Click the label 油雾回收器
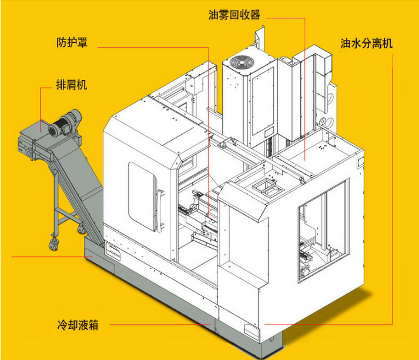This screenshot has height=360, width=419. pos(234,15)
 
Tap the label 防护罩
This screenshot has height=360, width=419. pos(72,43)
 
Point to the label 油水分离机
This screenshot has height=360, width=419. pos(366,44)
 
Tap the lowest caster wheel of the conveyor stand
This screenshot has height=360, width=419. pos(54,246)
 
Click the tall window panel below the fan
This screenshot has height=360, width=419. pos(261,104)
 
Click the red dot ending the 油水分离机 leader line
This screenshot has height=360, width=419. pos(266,324)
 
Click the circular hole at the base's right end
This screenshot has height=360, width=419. pos(271,340)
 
